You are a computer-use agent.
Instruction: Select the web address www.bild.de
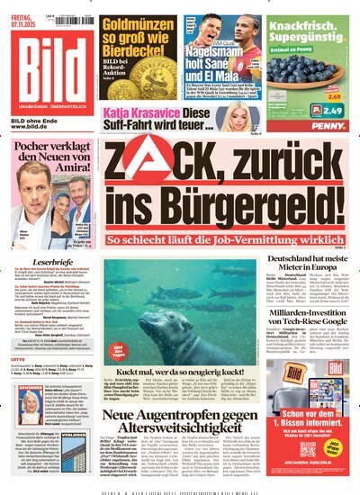(26, 127)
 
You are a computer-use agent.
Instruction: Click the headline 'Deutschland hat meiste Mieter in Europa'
(310, 239)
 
